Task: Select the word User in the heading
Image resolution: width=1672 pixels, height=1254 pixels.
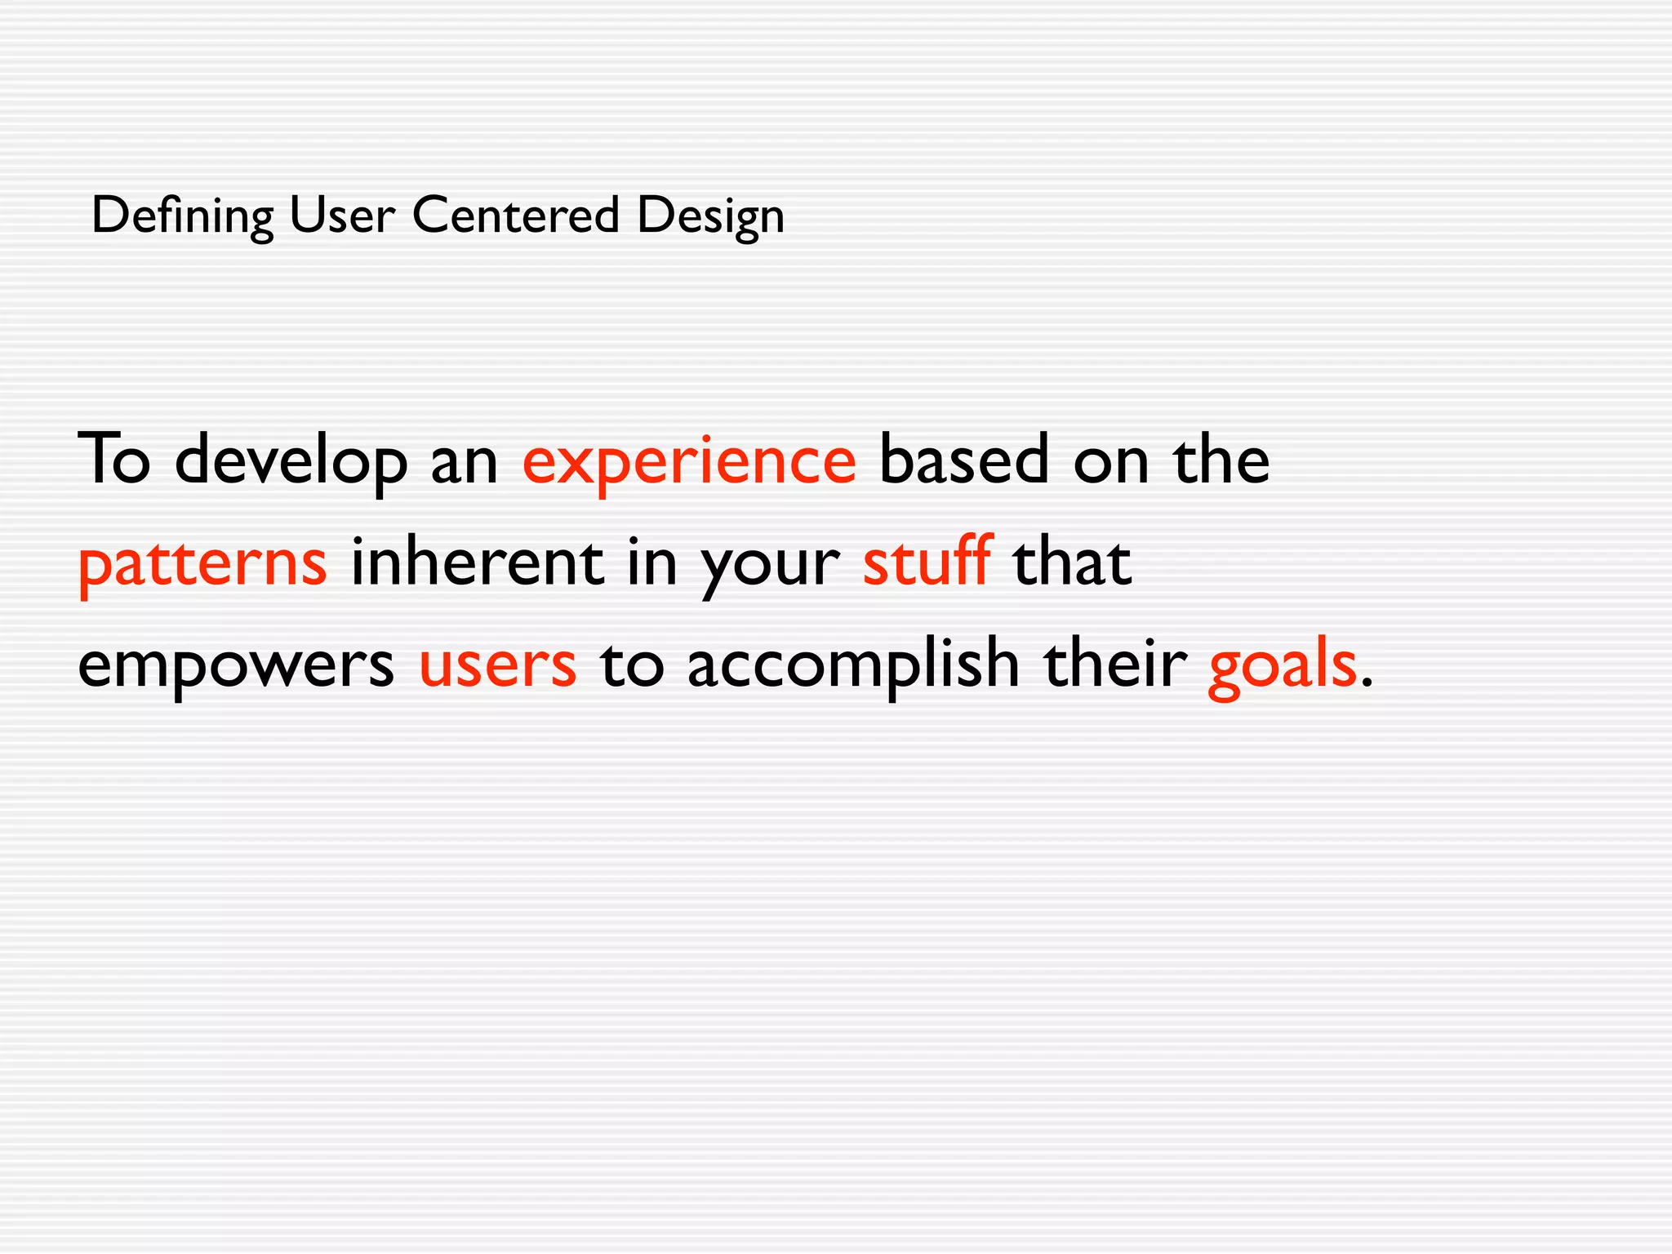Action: (x=342, y=216)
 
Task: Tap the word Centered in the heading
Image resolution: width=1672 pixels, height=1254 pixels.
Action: (x=516, y=216)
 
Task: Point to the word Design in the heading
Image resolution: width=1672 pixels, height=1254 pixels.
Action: (x=710, y=216)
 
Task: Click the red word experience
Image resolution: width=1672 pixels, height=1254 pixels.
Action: (x=689, y=460)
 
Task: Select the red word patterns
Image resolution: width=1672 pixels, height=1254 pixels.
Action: (x=202, y=563)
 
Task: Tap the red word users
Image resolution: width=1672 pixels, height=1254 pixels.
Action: (x=497, y=665)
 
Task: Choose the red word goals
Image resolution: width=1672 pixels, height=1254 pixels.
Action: (x=1282, y=665)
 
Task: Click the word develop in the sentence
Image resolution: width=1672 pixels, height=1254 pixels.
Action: (x=291, y=460)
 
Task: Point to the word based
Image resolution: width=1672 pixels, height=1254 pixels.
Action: (x=963, y=460)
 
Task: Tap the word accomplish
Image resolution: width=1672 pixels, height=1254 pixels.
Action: (x=853, y=665)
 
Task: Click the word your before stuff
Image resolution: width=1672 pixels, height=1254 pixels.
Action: (x=770, y=563)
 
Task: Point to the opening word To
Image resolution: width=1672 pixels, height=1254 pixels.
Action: (x=114, y=460)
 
